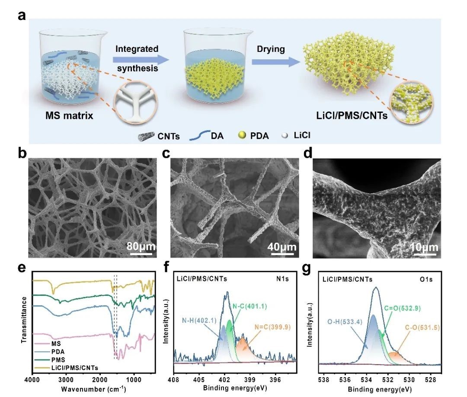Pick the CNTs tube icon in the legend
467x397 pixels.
tap(146, 136)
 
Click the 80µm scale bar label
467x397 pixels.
tap(141, 247)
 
